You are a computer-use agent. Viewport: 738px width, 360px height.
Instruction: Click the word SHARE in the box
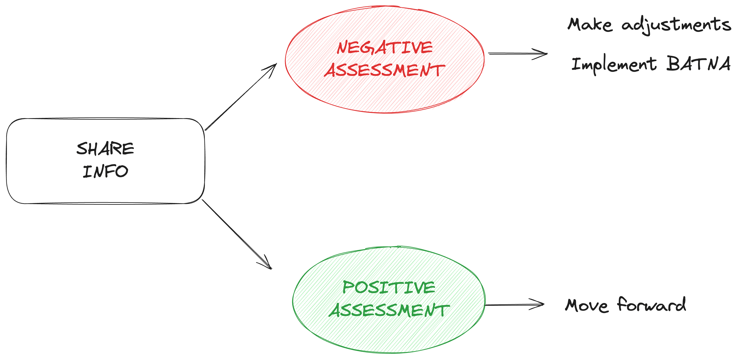105,149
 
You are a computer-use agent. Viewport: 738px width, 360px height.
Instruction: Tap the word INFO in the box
105,171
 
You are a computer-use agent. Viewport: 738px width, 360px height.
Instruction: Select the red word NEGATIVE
385,48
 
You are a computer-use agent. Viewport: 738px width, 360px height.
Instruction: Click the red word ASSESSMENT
385,71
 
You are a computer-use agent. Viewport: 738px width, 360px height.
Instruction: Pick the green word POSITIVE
389,288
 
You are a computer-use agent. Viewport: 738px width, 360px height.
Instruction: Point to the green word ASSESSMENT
389,310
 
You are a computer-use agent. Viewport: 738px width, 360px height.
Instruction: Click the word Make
590,25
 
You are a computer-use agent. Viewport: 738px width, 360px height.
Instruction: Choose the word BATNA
698,64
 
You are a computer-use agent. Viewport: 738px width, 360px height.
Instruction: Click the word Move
586,305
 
